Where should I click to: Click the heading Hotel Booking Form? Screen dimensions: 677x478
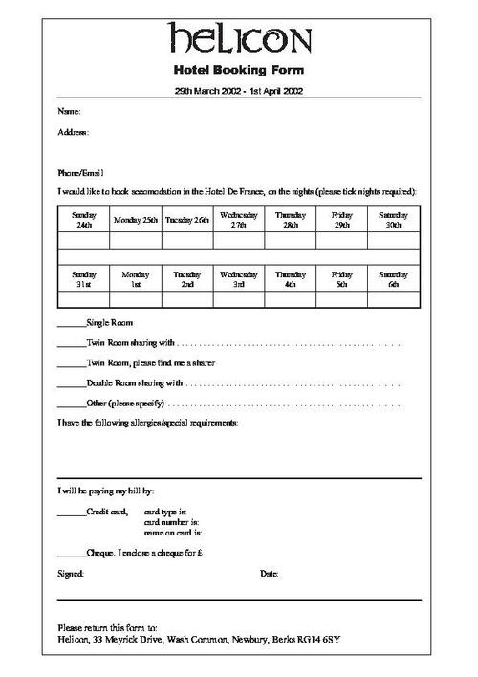239,71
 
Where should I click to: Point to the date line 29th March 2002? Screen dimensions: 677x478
239,91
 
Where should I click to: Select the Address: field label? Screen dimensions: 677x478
74,132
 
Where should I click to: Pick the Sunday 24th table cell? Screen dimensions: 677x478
84,220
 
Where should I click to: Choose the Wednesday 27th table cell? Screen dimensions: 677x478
239,220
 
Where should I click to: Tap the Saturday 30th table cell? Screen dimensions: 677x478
394,220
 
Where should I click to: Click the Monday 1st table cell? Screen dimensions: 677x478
136,278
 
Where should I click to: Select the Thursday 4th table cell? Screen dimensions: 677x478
291,278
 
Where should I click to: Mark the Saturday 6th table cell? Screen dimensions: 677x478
394,278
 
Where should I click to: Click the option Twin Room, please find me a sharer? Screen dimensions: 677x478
150,363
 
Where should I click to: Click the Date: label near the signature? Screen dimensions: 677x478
270,574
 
